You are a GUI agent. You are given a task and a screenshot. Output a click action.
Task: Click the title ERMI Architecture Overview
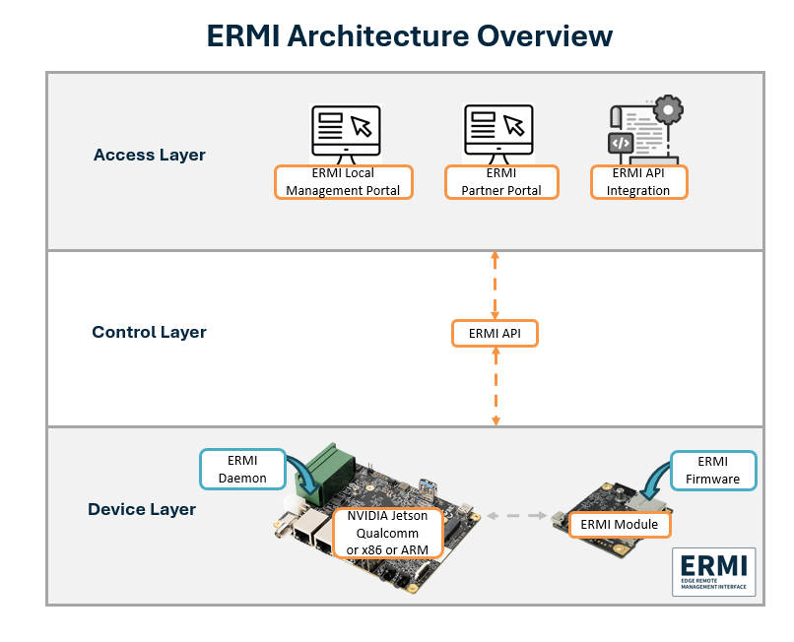pos(409,35)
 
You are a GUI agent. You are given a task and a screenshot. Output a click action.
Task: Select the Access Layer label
pos(150,155)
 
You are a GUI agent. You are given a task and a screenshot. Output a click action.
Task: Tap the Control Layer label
pos(149,332)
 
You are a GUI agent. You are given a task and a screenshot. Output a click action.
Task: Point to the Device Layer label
pos(142,509)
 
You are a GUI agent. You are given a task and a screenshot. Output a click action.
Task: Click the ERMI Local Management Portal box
pos(343,182)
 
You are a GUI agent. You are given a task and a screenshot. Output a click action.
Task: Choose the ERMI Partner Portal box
pos(500,182)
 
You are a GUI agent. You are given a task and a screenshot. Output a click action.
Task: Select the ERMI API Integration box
pos(637,182)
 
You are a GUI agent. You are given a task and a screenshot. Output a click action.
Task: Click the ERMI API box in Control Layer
pos(496,334)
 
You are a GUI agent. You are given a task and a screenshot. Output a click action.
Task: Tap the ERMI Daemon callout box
pos(242,469)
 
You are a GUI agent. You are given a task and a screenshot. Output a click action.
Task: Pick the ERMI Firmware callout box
pos(713,469)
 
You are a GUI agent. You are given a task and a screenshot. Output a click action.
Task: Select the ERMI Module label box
pos(620,524)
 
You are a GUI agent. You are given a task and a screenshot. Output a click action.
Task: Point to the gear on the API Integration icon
pos(667,108)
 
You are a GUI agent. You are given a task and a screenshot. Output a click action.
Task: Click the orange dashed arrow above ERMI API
pos(496,285)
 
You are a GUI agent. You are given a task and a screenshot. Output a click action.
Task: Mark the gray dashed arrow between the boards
pos(517,515)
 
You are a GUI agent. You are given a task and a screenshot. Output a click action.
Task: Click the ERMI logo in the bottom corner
pos(713,572)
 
